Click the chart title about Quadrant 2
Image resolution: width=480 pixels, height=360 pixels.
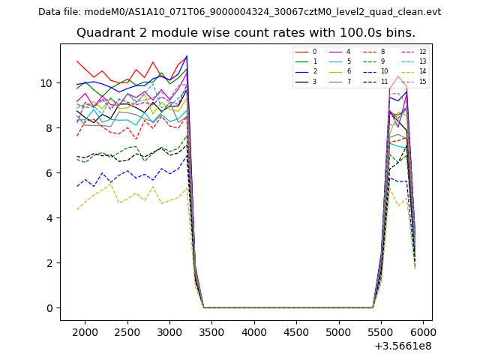pyautogui.click(x=246, y=33)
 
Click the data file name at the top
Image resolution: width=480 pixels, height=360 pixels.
pyautogui.click(x=239, y=12)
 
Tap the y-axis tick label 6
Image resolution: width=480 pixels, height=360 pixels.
pyautogui.click(x=50, y=173)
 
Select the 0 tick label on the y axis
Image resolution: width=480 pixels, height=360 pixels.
pyautogui.click(x=50, y=308)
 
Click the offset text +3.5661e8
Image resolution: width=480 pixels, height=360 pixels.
pyautogui.click(x=402, y=346)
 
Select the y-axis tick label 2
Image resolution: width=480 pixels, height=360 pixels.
pyautogui.click(x=50, y=263)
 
